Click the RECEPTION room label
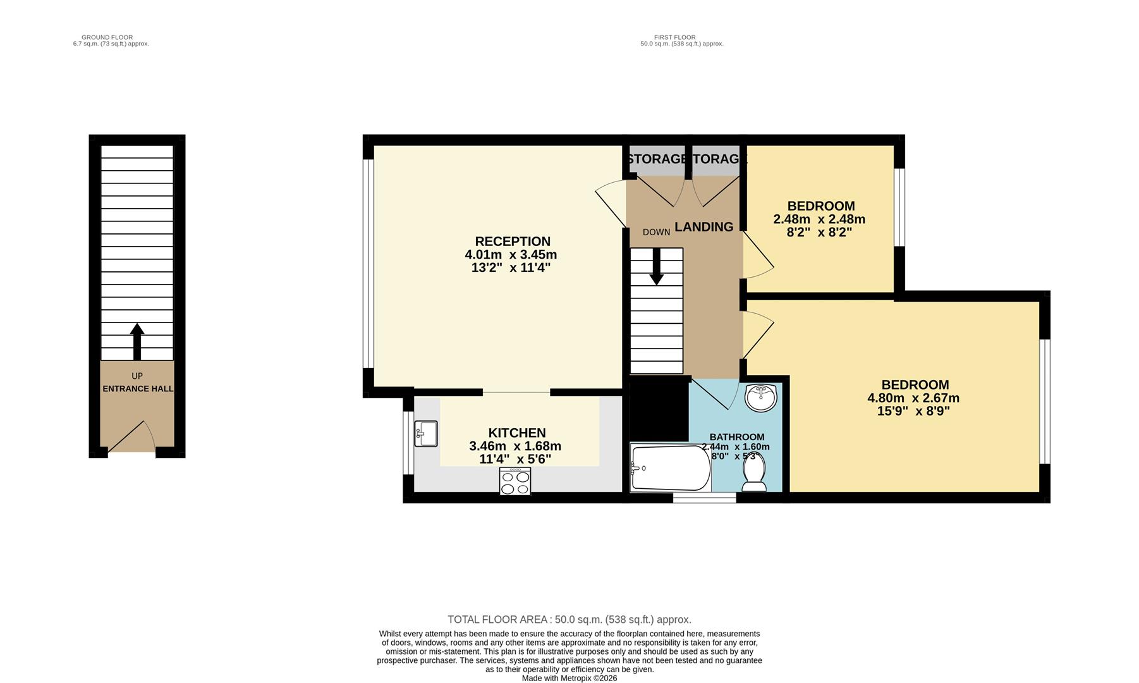[512, 242]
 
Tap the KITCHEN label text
[516, 433]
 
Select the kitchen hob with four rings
[515, 481]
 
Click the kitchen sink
[426, 433]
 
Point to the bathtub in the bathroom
[670, 468]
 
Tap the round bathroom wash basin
[761, 398]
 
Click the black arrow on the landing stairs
[657, 266]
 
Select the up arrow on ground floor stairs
[137, 341]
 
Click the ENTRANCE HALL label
[138, 389]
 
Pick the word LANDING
[703, 227]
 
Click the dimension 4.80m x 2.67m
[913, 398]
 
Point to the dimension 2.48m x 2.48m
[819, 219]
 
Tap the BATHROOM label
[736, 437]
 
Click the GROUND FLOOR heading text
[107, 37]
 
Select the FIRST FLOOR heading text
[674, 37]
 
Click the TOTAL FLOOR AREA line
[569, 620]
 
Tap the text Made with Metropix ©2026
[569, 678]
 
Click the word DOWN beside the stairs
[656, 232]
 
